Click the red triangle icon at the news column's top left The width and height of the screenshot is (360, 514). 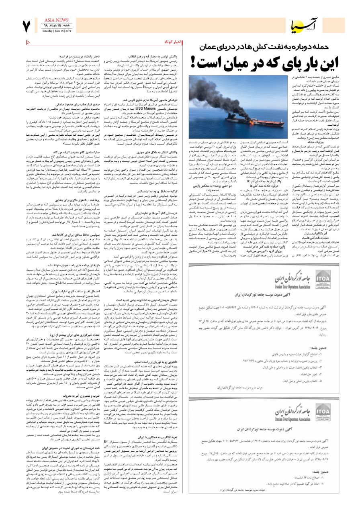click(x=28, y=42)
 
